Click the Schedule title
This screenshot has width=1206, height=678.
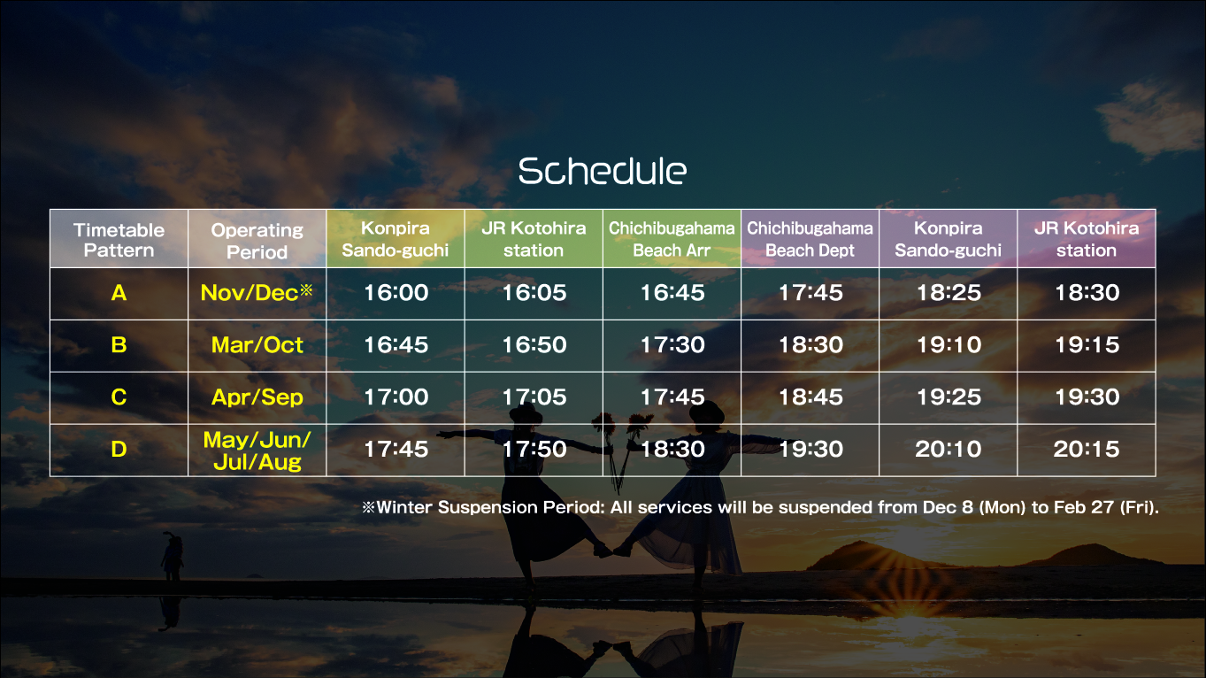(x=603, y=171)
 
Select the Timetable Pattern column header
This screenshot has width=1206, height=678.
(x=119, y=240)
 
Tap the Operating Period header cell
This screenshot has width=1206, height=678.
(x=257, y=241)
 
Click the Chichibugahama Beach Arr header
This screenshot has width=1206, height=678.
(x=672, y=239)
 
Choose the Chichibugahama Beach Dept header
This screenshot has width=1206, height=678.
(x=810, y=239)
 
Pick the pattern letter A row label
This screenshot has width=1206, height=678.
(x=119, y=293)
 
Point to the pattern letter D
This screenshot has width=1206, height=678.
(x=119, y=449)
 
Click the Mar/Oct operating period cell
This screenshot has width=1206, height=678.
(x=257, y=344)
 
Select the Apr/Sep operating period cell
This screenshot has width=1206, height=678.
(x=257, y=397)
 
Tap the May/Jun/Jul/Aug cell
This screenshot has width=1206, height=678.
(x=257, y=451)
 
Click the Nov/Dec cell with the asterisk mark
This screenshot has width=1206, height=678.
(x=257, y=292)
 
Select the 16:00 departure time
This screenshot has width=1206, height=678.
(x=396, y=293)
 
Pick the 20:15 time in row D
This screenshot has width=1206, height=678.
(x=1087, y=449)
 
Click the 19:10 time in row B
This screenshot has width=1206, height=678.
(x=949, y=344)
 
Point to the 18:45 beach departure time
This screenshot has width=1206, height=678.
(x=810, y=397)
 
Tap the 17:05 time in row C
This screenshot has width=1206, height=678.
(x=534, y=397)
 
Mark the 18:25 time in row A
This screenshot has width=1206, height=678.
(x=949, y=293)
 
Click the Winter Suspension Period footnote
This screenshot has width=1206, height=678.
(x=760, y=507)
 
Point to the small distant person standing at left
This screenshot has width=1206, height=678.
(x=172, y=556)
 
